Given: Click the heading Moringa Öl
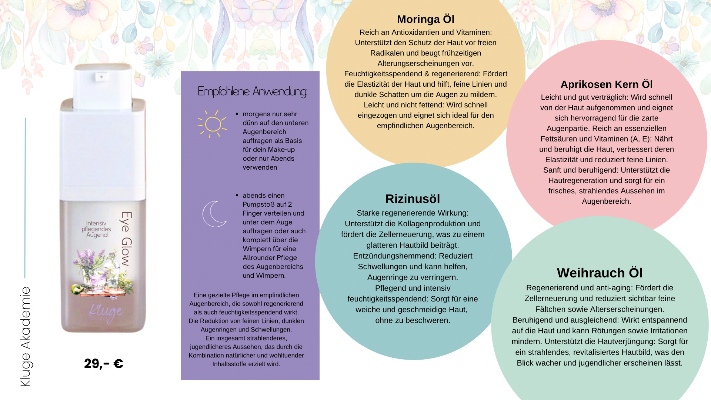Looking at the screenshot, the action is point(425,19).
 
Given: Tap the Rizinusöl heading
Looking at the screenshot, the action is point(413,199).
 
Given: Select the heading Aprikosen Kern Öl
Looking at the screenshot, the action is point(607,84).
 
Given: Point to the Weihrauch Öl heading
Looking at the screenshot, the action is point(600,273).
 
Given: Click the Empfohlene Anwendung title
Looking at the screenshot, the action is point(253,91).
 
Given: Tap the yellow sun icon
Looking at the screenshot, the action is point(212,124).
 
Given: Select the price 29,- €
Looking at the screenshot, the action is point(104,364).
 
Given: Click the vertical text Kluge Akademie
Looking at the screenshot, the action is point(25,337).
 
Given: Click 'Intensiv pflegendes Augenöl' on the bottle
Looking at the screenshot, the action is point(96,229).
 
